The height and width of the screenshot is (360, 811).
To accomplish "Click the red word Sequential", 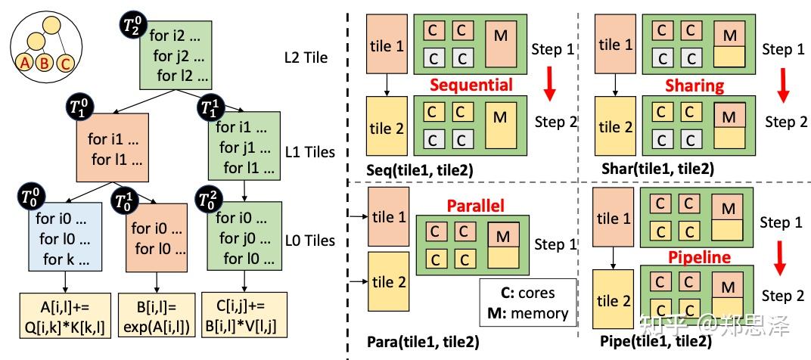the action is [x=471, y=84].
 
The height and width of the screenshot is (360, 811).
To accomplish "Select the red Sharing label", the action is [x=694, y=85].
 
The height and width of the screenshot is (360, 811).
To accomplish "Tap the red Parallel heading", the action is [x=475, y=206].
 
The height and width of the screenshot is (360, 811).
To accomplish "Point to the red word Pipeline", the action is [x=699, y=257].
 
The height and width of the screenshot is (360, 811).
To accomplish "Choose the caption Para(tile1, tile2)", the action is [x=422, y=342].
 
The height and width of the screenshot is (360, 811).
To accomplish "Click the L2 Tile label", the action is [x=306, y=57].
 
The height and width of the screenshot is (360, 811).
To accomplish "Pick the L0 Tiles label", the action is [x=310, y=241].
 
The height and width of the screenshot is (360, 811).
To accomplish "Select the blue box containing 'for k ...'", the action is [x=64, y=237].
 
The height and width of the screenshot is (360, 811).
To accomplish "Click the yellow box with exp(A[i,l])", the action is [x=157, y=315].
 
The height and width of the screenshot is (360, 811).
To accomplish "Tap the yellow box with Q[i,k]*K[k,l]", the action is [x=65, y=315].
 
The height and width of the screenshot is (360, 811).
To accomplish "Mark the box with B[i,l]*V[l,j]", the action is [x=244, y=315].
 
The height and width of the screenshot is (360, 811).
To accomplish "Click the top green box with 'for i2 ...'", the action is [x=176, y=54].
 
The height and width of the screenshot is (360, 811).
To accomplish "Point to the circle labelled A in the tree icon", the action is [x=24, y=63].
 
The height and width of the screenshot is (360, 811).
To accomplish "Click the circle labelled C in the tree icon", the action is [x=65, y=63].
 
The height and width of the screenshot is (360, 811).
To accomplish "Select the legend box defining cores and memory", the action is [x=527, y=303].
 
